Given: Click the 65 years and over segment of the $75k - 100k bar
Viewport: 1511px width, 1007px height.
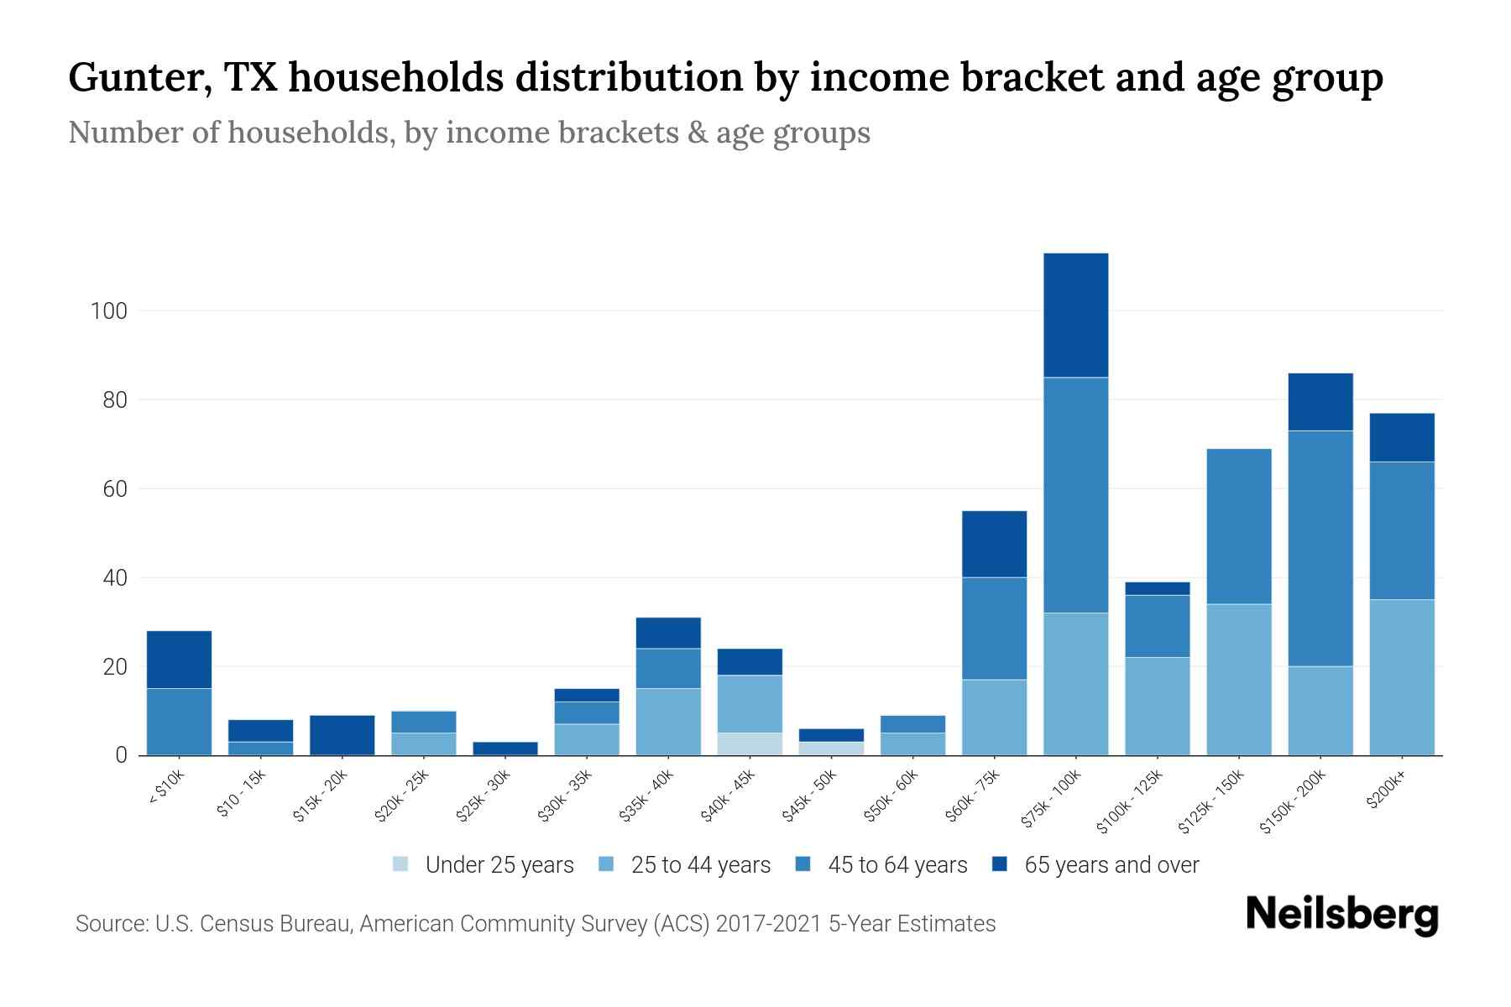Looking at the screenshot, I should [x=1075, y=315].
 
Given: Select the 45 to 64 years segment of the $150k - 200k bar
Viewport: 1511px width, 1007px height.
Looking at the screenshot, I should [x=1320, y=548].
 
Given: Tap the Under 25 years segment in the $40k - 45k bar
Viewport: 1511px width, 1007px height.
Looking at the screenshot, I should [x=750, y=744].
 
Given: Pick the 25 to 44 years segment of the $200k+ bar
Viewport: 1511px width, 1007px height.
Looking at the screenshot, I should [x=1402, y=677].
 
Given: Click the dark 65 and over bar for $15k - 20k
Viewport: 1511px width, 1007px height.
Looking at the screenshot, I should [x=342, y=734].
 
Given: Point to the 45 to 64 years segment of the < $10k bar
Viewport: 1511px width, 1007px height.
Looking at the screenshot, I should [x=179, y=722].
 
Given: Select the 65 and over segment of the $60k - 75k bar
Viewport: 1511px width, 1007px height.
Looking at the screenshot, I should [x=994, y=544].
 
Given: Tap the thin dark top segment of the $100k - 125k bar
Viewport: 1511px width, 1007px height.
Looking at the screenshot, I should [x=1157, y=588].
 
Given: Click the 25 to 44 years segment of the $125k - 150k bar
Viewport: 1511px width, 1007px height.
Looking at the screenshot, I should [x=1239, y=680].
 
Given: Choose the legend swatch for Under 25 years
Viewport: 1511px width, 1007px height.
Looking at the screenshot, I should [x=400, y=864].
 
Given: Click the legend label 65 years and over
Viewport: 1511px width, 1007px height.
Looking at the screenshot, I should [x=1111, y=864].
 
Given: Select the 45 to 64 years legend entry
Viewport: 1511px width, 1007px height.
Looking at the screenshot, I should [x=897, y=864].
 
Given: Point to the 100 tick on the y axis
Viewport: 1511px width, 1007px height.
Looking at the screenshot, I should [x=108, y=311].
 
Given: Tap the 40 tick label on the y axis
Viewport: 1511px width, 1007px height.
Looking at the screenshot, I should [x=114, y=578].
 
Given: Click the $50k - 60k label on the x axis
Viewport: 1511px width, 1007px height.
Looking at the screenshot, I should [x=891, y=796].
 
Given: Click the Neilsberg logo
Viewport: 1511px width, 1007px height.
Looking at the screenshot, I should [x=1341, y=914].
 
